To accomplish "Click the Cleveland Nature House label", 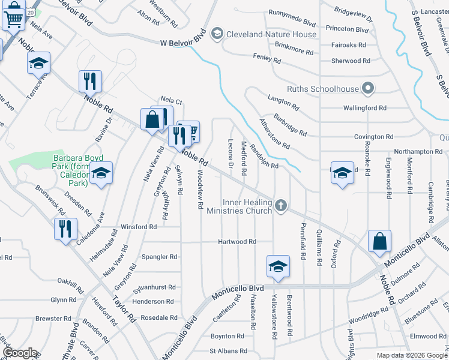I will coord(271,34).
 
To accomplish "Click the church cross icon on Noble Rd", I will coord(280,206).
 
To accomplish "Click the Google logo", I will coord(20,353).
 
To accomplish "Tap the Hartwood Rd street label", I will coord(237,242).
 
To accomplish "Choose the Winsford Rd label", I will coord(139,227).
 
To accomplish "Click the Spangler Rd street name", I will coord(159,257).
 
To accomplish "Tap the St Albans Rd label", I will coord(228,351).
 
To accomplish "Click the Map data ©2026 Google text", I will coord(411,355).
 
